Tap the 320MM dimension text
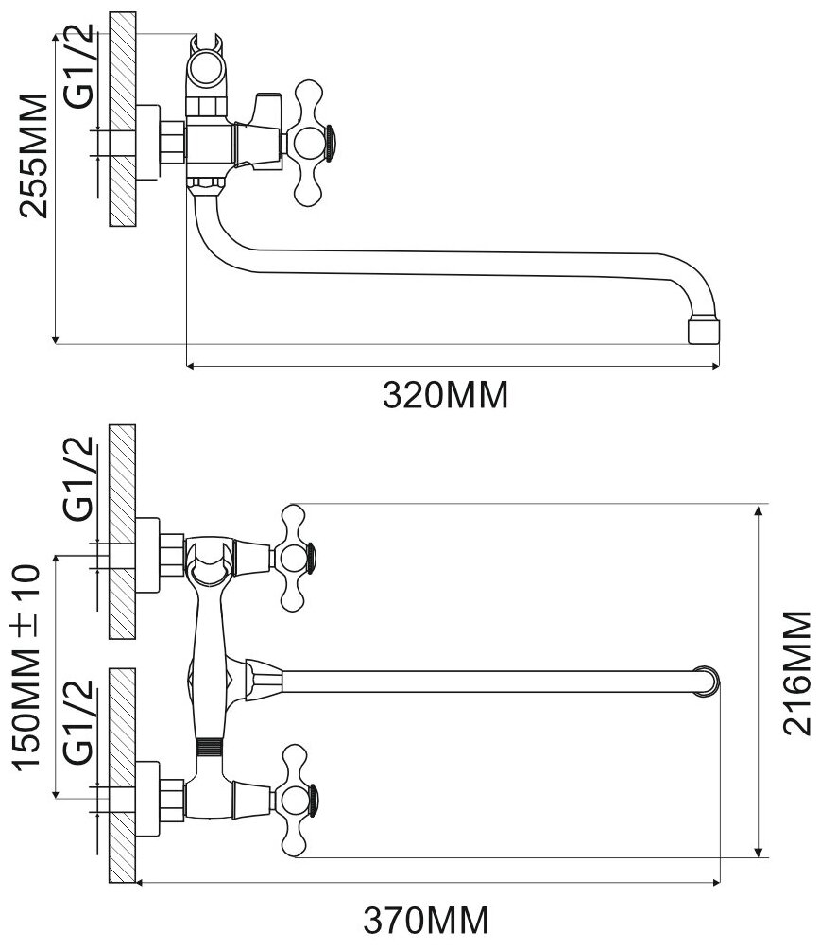(x=445, y=394)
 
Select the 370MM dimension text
(x=427, y=918)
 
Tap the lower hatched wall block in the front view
(x=122, y=775)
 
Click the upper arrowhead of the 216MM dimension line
(x=761, y=511)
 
